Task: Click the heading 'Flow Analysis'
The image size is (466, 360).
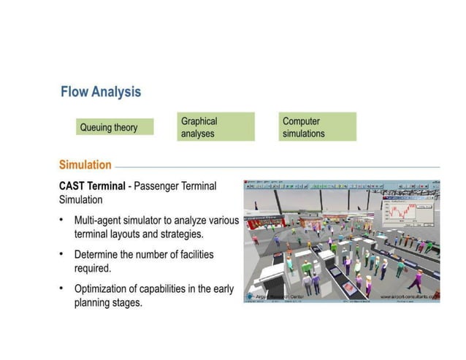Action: (x=102, y=93)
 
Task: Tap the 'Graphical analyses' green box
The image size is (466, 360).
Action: (x=215, y=127)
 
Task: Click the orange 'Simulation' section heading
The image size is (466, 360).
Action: (x=85, y=165)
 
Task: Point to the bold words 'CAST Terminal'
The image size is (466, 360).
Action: (x=92, y=186)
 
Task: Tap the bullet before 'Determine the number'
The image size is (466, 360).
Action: (x=62, y=255)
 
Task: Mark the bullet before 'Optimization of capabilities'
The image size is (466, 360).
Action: (x=62, y=289)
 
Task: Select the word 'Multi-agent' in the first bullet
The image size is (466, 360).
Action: (x=101, y=220)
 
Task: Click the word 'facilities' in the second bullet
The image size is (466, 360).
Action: (x=211, y=255)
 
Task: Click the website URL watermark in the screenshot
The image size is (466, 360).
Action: (x=409, y=297)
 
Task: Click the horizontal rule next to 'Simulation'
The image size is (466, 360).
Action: (x=278, y=166)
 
